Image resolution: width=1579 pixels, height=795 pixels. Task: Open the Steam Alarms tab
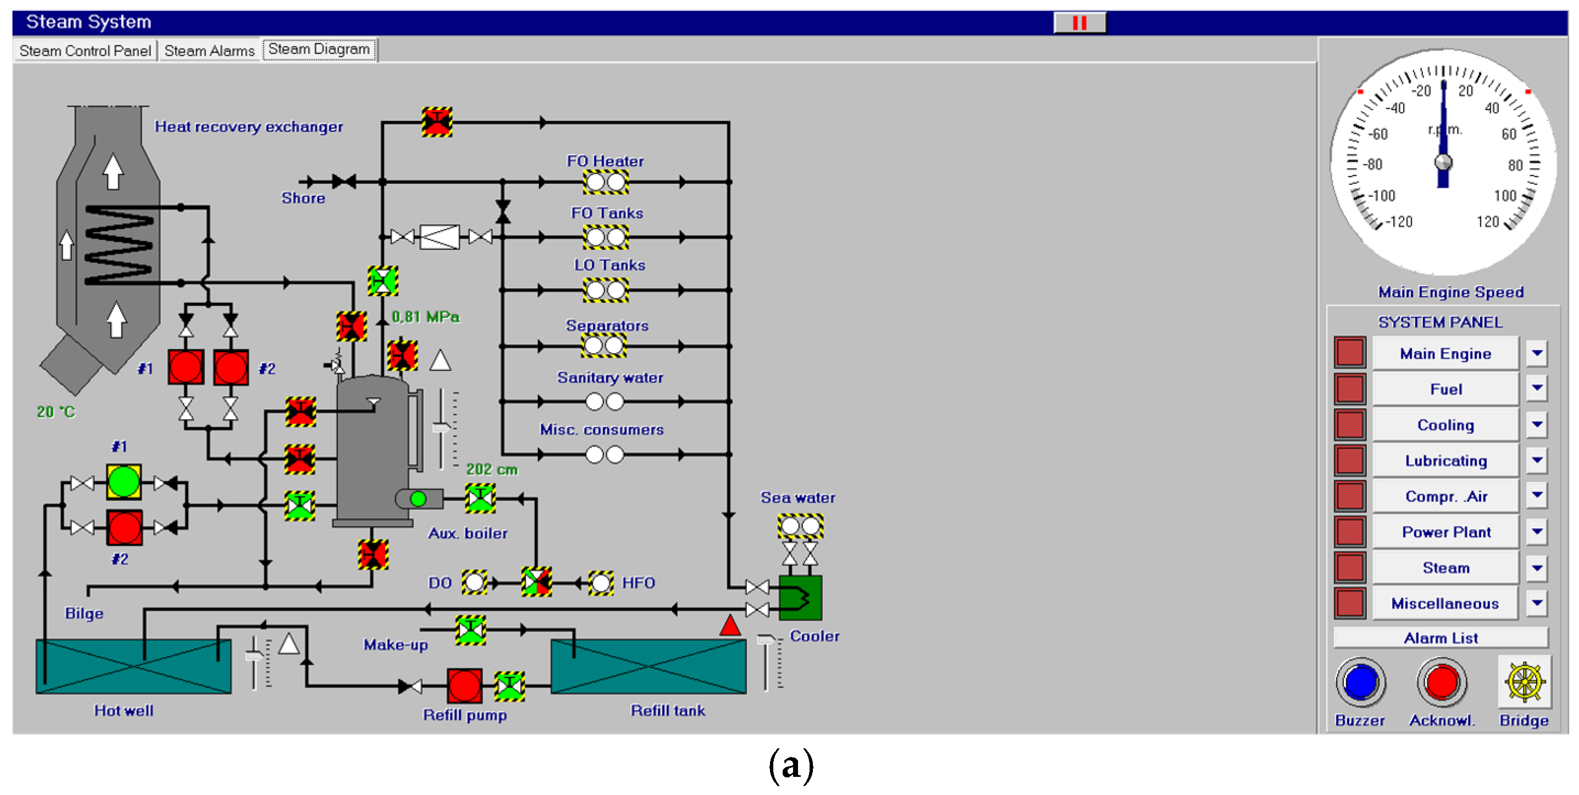209,50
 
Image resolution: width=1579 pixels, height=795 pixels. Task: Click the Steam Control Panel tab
85,50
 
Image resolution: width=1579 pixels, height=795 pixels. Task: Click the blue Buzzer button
1360,682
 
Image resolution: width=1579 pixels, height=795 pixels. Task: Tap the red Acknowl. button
1441,682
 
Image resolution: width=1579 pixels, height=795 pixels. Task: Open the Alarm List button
1441,638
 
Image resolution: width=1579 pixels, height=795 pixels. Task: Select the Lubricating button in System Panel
1445,460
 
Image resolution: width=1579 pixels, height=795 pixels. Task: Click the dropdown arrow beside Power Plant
1537,531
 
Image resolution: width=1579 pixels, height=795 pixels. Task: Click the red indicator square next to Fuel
1349,388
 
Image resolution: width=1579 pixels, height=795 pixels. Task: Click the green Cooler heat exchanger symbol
800,597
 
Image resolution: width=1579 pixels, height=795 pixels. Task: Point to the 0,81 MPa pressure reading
425,317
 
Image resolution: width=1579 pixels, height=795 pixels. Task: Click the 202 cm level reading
491,469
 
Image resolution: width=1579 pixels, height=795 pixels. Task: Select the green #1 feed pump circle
124,481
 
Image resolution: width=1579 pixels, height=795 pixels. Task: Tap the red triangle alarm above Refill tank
729,626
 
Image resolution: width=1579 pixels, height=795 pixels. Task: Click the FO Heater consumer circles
605,182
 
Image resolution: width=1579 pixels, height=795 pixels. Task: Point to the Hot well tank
133,666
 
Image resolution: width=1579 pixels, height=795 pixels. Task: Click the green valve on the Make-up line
471,630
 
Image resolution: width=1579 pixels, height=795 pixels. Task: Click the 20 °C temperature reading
56,412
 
